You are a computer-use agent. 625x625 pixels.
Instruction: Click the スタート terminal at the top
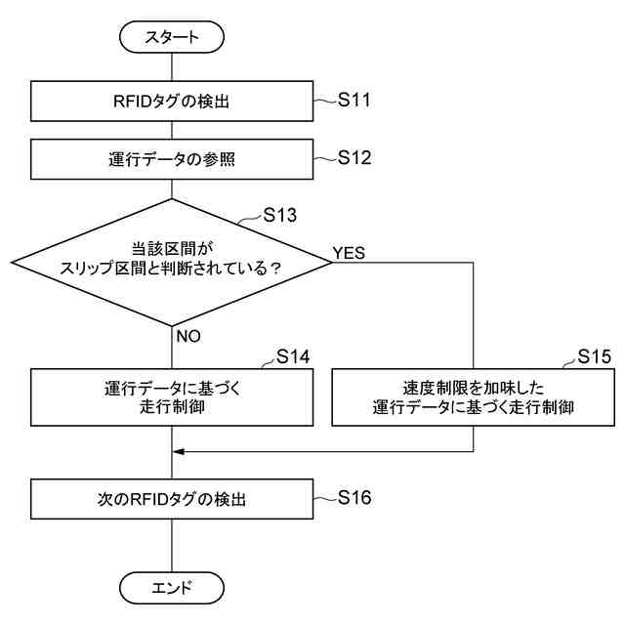(172, 38)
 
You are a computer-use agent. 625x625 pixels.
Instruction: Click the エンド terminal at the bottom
(172, 588)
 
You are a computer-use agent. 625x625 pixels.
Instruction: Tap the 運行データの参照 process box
(172, 159)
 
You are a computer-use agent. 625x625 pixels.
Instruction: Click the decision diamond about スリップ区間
(172, 262)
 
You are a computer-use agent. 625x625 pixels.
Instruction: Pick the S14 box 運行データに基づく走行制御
(172, 396)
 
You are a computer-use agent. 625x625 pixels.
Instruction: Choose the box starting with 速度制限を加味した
(473, 396)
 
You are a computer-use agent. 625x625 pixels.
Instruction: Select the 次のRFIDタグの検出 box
(172, 499)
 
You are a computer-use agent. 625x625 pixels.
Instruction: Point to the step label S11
(354, 100)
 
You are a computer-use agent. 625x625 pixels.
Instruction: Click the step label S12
(354, 157)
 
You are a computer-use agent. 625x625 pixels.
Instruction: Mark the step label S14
(293, 356)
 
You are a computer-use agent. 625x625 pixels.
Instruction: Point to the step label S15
(594, 356)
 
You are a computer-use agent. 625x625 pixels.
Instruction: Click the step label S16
(354, 498)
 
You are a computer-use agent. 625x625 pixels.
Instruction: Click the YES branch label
(349, 252)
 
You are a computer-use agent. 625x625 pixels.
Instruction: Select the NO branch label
(188, 335)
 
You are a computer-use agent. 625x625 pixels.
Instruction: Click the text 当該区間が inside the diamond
(172, 249)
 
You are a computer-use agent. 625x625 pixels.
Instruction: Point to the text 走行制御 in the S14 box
(172, 407)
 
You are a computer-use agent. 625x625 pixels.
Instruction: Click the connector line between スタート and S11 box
(172, 67)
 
